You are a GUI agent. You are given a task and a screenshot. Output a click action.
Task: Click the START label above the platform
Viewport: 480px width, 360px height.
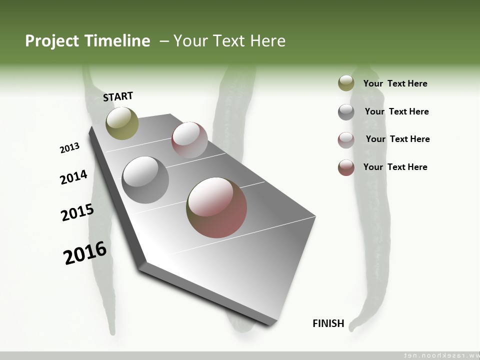(118, 96)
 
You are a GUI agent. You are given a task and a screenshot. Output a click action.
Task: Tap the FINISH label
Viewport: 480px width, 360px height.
(328, 323)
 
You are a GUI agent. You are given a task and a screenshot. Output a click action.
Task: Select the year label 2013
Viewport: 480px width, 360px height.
(69, 148)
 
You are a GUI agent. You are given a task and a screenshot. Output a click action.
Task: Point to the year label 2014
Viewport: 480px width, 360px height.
(73, 177)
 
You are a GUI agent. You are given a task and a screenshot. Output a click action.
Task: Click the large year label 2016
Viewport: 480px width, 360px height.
(85, 253)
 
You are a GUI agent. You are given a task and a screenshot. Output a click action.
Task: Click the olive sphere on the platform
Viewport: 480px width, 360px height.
(122, 123)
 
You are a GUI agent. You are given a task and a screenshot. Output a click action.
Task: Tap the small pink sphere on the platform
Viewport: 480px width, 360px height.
(189, 139)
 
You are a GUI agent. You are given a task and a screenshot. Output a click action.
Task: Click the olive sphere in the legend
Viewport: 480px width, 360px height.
(346, 83)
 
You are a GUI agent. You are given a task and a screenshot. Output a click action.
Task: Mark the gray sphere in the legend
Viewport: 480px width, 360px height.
(346, 112)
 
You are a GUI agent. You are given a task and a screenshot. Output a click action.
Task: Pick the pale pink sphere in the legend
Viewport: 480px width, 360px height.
(346, 140)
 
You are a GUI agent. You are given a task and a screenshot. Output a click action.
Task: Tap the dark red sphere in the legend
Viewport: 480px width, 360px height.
(346, 167)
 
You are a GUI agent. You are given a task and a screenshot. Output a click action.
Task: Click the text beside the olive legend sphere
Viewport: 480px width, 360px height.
(395, 83)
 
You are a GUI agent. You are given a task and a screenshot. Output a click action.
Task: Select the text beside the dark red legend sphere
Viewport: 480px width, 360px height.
(395, 167)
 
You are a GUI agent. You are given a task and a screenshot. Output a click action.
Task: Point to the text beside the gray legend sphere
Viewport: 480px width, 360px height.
(396, 111)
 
